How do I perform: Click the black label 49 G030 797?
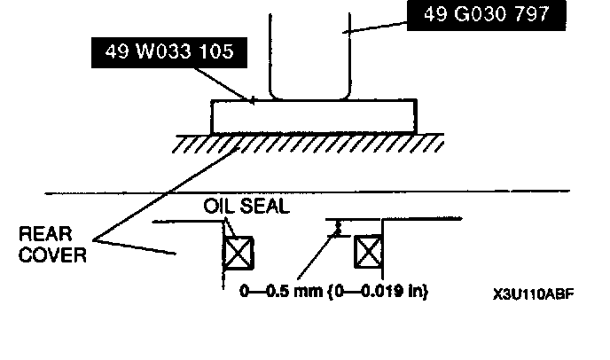click(476, 16)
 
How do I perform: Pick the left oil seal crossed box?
click(238, 253)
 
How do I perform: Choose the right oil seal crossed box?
click(368, 253)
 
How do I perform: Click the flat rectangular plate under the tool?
click(313, 116)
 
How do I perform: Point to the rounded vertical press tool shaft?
click(309, 53)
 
